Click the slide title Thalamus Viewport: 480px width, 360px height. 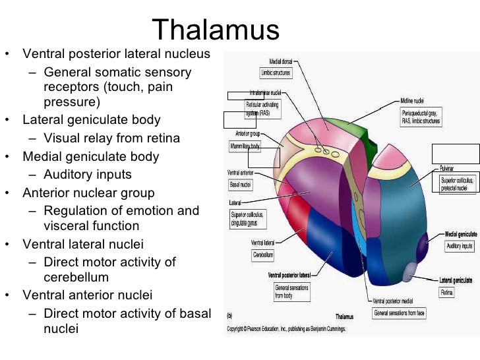tap(216, 30)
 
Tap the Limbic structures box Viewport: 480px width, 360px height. tap(276, 73)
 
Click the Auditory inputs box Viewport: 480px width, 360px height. tap(459, 246)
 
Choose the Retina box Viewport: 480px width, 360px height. tap(446, 291)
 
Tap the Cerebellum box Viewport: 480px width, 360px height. tap(263, 255)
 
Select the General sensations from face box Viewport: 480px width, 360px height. tap(399, 313)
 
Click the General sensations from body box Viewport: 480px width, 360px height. tap(291, 292)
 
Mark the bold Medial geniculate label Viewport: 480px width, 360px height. tap(460, 234)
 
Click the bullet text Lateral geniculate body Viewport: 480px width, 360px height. tap(92, 121)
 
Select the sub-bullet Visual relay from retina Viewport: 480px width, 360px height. tap(111, 138)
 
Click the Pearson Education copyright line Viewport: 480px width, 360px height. tap(286, 328)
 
